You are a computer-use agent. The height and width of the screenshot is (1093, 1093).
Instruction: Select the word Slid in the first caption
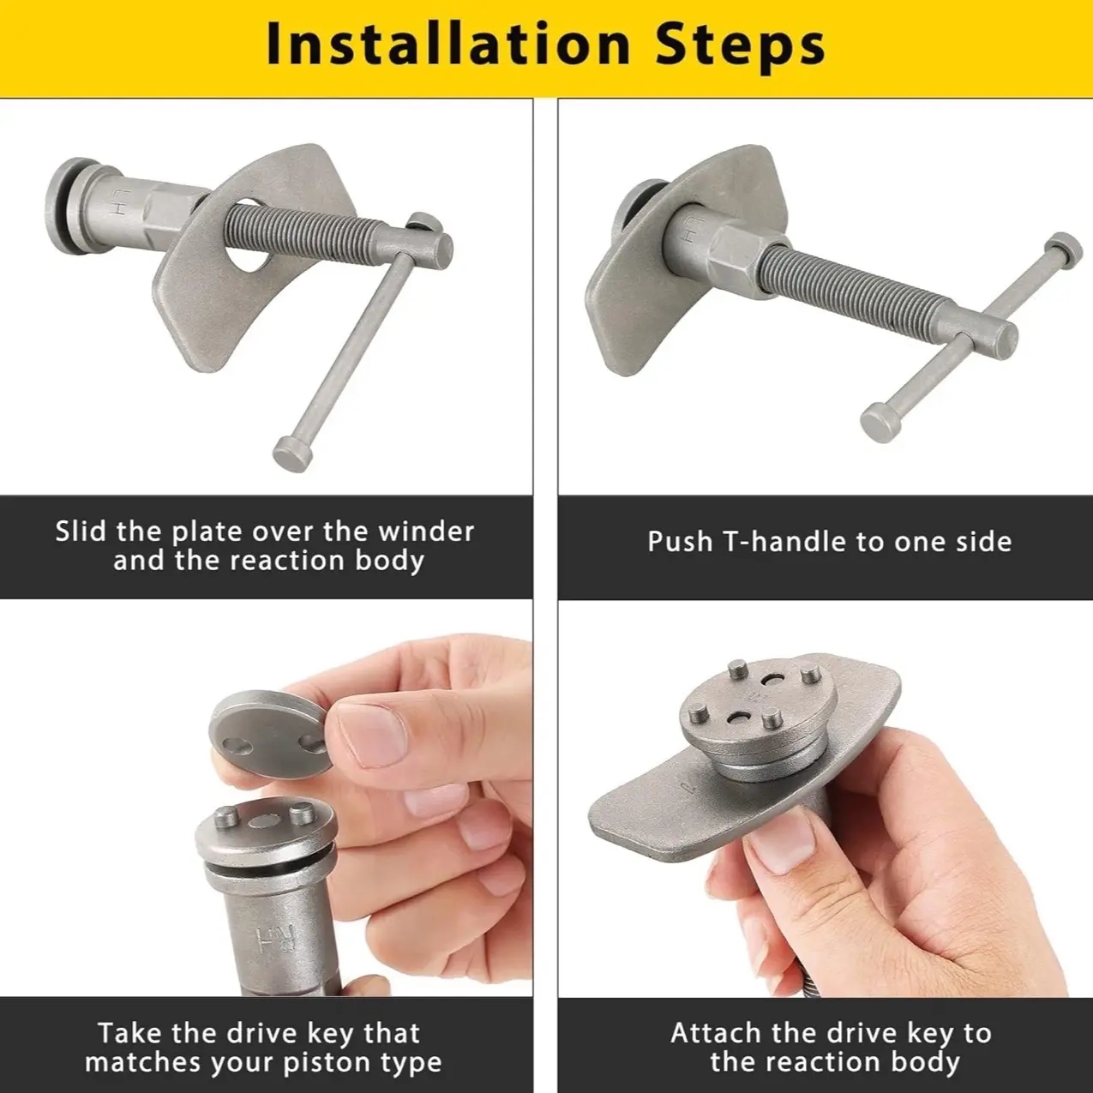[81, 531]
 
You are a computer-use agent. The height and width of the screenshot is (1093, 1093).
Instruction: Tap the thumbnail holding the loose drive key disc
[371, 732]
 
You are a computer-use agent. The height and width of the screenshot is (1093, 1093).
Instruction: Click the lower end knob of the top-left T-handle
[293, 453]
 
